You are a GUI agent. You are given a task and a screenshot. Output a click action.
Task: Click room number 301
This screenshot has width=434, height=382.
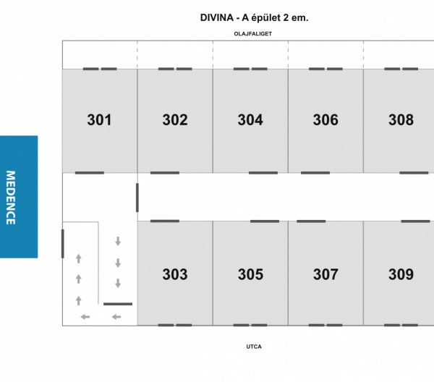[x=99, y=120]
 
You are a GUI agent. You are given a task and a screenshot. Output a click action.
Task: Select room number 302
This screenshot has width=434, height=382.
[x=175, y=120]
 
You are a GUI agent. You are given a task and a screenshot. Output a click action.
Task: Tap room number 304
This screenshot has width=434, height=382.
[x=250, y=120]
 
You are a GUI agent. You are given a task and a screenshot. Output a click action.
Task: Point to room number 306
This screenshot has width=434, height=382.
[x=325, y=120]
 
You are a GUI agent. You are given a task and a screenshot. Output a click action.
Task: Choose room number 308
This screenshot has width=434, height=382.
[x=401, y=120]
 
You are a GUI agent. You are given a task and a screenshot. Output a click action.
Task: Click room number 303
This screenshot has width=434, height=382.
[x=175, y=274]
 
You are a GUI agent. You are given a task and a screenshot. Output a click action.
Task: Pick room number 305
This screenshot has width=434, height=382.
[x=250, y=274]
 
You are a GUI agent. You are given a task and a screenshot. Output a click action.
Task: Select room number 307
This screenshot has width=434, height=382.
[x=325, y=274]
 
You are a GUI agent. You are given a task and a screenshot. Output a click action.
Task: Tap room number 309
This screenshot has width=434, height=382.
[x=401, y=274]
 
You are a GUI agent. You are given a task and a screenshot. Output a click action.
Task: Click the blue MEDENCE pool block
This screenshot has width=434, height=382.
[x=19, y=197]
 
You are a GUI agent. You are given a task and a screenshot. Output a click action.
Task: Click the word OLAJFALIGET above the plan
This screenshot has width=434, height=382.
[x=253, y=34]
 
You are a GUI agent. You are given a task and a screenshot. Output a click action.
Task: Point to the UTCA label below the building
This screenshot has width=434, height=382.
[x=254, y=347]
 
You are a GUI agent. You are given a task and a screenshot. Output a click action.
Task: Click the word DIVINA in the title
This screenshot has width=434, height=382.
[x=217, y=17]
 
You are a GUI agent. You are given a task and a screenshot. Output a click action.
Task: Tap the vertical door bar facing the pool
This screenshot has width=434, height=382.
[x=62, y=244]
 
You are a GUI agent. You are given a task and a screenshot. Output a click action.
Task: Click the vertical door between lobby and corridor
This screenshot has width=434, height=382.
[x=137, y=198]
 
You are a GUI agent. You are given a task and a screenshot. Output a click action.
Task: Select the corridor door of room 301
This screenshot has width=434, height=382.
[x=90, y=173]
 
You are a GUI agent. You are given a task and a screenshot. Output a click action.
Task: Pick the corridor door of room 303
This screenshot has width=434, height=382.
[x=165, y=221]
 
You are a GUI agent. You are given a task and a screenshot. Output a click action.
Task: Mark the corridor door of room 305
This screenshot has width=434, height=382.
[x=265, y=221]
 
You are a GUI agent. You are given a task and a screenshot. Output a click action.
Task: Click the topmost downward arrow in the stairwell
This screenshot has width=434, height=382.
[x=118, y=241]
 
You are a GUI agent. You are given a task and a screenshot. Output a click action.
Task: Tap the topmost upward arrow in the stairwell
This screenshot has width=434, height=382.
[x=79, y=258]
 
